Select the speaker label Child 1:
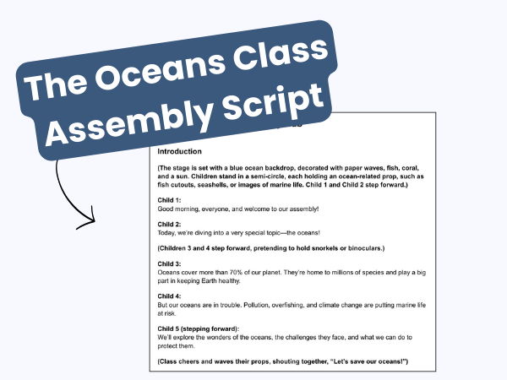pos(171,199)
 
